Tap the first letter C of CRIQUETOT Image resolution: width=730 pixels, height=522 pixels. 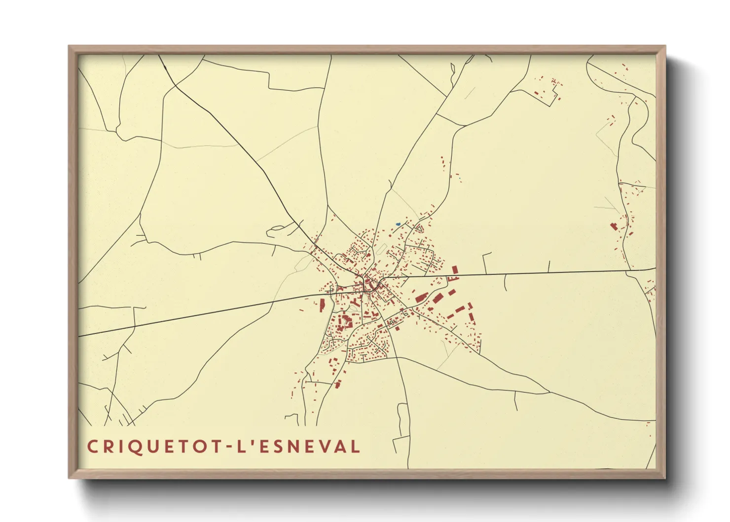click(x=92, y=447)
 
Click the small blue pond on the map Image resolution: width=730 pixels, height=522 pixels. click(x=398, y=224)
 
